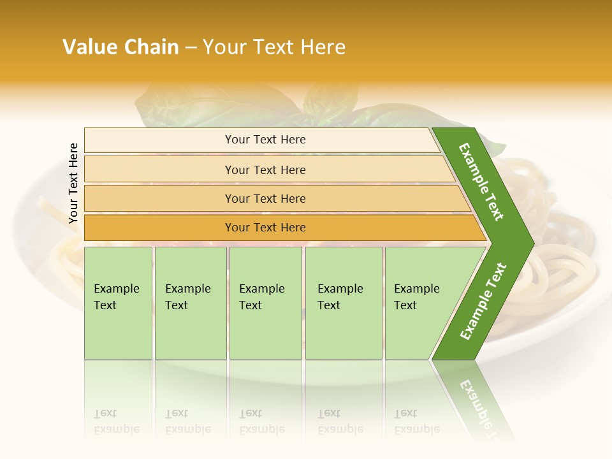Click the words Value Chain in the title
click(x=120, y=47)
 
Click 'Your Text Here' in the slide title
click(x=273, y=47)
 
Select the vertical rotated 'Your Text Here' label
click(x=73, y=183)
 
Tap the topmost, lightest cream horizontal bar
click(x=265, y=140)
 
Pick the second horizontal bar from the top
click(x=265, y=170)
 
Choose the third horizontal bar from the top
click(x=265, y=198)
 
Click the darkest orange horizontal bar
click(x=265, y=228)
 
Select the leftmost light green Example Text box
click(x=118, y=303)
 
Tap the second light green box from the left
click(x=190, y=303)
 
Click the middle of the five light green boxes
click(x=265, y=303)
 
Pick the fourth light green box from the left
click(x=344, y=303)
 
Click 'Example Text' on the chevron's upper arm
click(x=481, y=182)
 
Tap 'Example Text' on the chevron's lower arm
click(x=483, y=301)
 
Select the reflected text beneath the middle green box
click(x=261, y=421)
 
